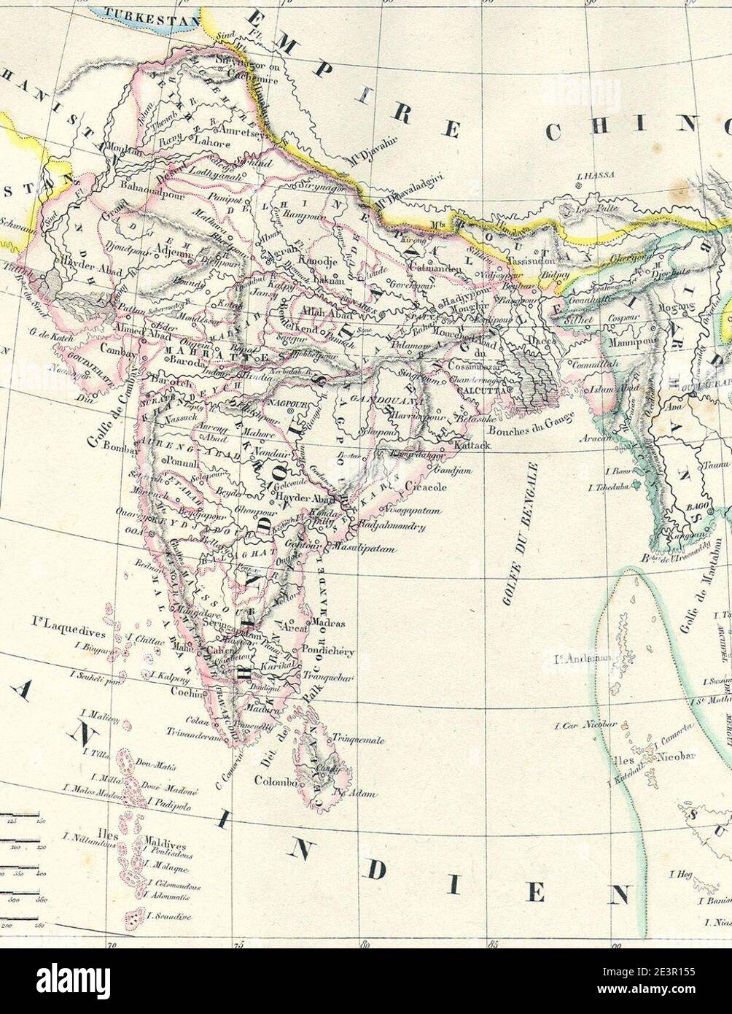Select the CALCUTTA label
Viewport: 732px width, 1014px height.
[475, 390]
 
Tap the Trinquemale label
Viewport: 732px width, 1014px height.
[358, 739]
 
